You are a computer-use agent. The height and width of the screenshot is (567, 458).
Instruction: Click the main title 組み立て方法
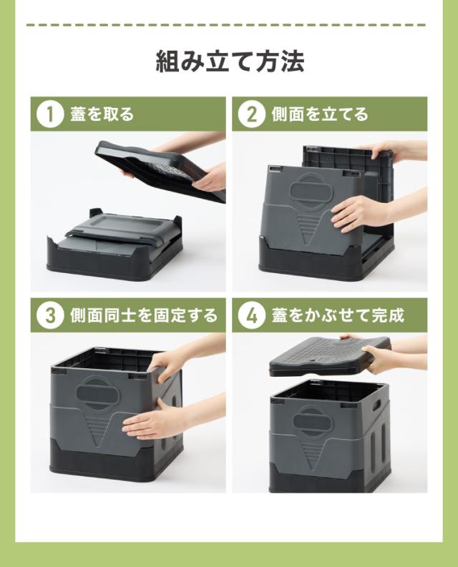pyautogui.click(x=230, y=61)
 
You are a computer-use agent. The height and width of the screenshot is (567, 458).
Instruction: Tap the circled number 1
pyautogui.click(x=50, y=114)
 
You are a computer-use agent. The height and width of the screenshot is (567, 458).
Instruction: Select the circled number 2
pyautogui.click(x=252, y=114)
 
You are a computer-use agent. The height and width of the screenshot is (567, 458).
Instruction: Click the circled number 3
pyautogui.click(x=50, y=315)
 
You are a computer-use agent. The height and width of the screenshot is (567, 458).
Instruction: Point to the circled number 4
pyautogui.click(x=252, y=315)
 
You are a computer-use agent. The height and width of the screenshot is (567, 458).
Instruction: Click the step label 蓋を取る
pyautogui.click(x=102, y=114)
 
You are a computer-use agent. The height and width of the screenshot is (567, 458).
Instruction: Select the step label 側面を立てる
pyautogui.click(x=320, y=114)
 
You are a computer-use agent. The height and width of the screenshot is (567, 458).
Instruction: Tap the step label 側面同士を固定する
pyautogui.click(x=144, y=315)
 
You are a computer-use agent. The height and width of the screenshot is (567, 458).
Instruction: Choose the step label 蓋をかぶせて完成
pyautogui.click(x=338, y=315)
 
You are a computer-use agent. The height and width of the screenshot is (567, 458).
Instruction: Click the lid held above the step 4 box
pyautogui.click(x=330, y=355)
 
